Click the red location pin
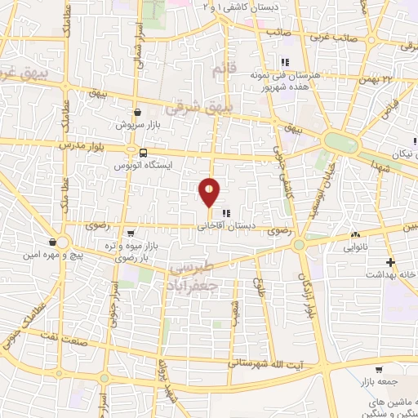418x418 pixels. coord(210,192)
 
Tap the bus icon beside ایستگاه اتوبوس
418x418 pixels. coord(144,153)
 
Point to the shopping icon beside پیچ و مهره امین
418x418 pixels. coord(52,242)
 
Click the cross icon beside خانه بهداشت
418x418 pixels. coord(391,263)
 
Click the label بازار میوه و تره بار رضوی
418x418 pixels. coord(126,251)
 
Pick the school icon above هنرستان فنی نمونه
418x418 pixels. coord(283,62)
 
